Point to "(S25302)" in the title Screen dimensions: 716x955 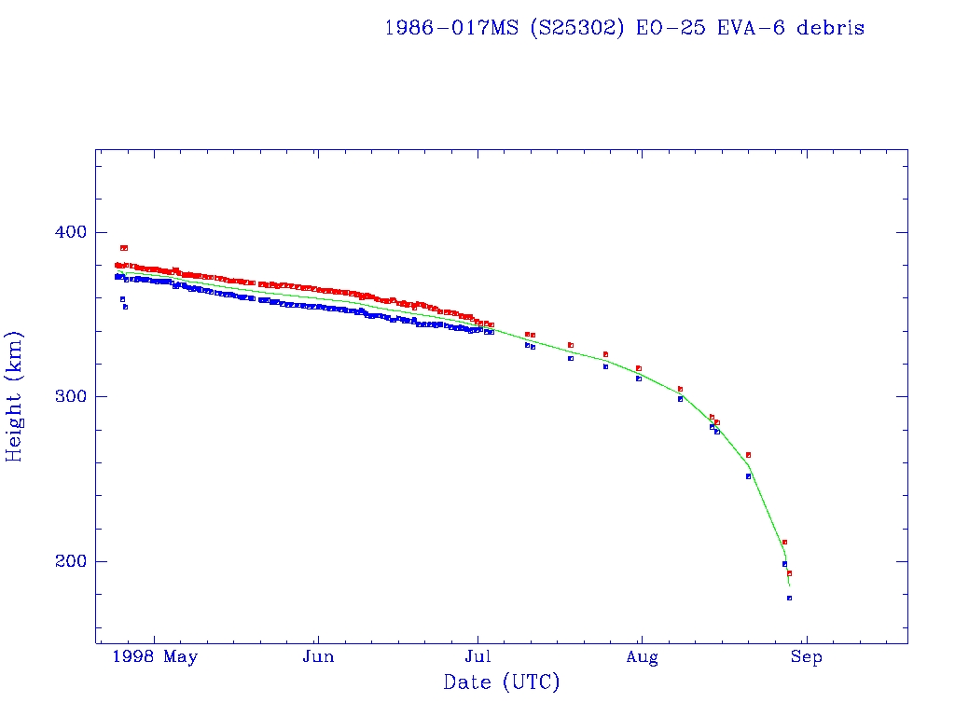pos(575,28)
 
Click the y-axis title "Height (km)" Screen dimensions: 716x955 pos(15,396)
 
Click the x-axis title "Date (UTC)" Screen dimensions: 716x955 pos(502,682)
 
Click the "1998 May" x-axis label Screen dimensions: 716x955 pos(155,657)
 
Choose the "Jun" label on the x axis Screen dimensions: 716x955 pos(318,657)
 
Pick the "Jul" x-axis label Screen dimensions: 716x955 pos(478,657)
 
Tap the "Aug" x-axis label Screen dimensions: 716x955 pos(642,657)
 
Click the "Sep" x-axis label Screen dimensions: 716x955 pos(806,657)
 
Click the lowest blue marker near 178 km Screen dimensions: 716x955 pos(789,598)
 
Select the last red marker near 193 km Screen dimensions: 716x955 pos(789,573)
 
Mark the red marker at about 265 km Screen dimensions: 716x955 pos(748,455)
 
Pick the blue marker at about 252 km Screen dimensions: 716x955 pos(748,476)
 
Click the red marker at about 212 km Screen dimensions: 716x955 pos(784,542)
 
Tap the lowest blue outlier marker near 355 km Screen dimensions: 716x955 pos(125,307)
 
